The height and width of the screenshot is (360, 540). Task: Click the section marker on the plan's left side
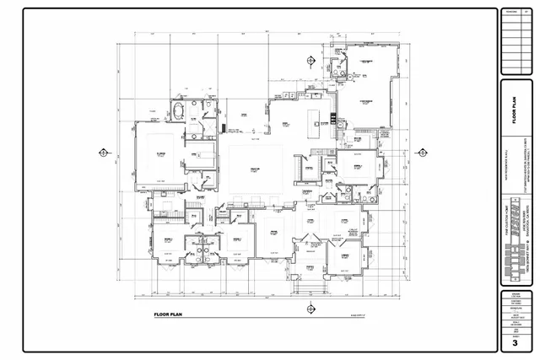click(x=102, y=153)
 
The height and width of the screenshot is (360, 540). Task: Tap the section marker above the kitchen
click(x=310, y=60)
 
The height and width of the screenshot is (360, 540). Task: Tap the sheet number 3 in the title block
click(x=514, y=343)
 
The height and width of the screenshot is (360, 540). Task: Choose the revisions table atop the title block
click(x=514, y=40)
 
